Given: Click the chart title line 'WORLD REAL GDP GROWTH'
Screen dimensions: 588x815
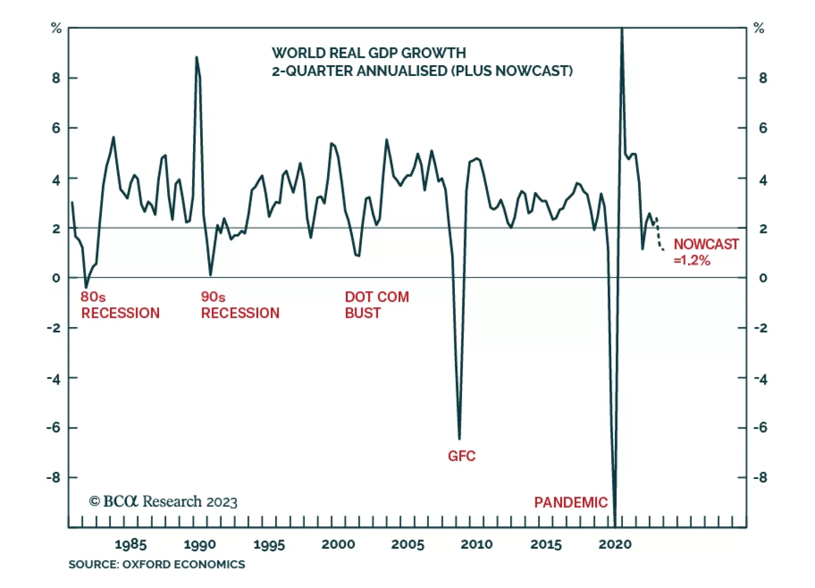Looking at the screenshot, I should [x=369, y=53].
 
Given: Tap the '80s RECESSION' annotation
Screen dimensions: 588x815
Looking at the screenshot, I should [x=120, y=305].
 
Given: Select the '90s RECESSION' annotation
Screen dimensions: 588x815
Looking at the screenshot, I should [x=240, y=305].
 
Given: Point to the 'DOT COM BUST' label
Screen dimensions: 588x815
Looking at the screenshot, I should [x=377, y=305].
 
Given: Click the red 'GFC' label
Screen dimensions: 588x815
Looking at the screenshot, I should [x=461, y=456].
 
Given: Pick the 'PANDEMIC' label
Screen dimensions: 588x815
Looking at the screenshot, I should [x=570, y=502].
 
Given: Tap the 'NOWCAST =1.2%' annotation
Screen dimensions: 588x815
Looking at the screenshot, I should [x=705, y=252].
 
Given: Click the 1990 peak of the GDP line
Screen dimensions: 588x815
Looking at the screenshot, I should [x=197, y=58].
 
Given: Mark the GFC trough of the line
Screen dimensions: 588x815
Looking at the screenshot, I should [x=459, y=437].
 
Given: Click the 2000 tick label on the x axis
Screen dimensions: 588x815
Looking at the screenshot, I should [x=338, y=544].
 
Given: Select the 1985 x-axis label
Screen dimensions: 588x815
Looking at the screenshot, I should [x=130, y=544].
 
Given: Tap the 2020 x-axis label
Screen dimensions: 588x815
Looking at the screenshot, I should [x=615, y=544].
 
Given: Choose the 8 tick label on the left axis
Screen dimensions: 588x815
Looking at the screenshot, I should [x=56, y=78].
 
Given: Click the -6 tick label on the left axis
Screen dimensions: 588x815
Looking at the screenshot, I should [x=53, y=427].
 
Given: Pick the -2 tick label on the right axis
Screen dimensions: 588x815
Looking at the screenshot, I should [x=761, y=328].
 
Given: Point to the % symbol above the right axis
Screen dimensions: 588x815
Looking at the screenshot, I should [x=759, y=29].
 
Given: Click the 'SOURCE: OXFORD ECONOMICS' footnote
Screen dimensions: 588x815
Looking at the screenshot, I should [x=157, y=564].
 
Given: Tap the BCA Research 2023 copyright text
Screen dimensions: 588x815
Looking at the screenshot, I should [x=163, y=502].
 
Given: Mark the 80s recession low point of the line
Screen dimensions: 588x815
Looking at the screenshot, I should [x=86, y=287].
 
